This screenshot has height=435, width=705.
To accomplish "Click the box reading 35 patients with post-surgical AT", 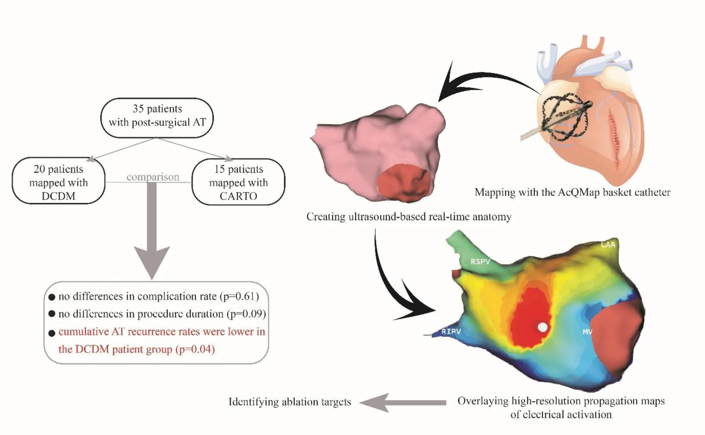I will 157,117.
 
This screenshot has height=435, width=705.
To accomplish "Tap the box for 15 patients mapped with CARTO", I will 238,182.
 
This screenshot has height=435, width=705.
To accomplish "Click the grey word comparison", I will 153,177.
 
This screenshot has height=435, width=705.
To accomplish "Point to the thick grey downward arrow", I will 152,238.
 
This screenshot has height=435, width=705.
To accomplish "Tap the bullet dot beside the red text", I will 52,333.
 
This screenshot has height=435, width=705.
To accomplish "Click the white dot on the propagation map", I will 543,327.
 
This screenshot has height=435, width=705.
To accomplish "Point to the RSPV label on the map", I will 480,261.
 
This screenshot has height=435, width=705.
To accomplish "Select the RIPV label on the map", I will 451,331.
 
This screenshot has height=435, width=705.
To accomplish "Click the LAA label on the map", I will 607,245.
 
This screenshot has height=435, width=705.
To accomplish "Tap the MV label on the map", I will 587,331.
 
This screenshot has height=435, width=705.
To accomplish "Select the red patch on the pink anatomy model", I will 403,183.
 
